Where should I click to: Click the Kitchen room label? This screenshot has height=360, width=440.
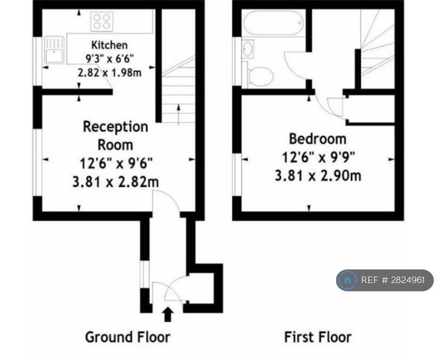pyautogui.click(x=109, y=45)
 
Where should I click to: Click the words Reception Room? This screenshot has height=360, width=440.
pyautogui.click(x=115, y=135)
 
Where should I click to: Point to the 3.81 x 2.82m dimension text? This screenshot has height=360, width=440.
pyautogui.click(x=115, y=182)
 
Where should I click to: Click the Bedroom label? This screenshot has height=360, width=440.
pyautogui.click(x=317, y=139)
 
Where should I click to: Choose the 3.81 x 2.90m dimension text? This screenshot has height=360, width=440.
pyautogui.click(x=317, y=175)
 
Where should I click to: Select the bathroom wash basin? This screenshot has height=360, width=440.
pyautogui.click(x=248, y=49)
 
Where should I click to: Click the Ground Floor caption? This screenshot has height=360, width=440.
pyautogui.click(x=128, y=337)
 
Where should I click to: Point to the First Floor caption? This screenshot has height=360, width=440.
pyautogui.click(x=317, y=337)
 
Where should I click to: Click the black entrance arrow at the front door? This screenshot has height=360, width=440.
pyautogui.click(x=168, y=314)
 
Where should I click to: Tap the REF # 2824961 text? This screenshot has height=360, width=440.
pyautogui.click(x=393, y=280)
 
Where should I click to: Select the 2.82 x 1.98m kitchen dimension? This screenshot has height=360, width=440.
pyautogui.click(x=109, y=72)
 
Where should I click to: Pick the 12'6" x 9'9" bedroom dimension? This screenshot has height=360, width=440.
pyautogui.click(x=317, y=157)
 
